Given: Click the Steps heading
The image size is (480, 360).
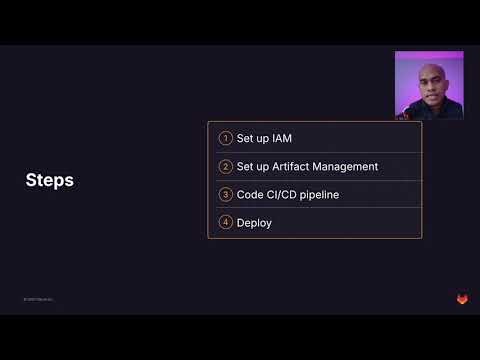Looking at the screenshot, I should click(49, 180).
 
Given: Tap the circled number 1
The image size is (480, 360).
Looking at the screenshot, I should click(226, 138).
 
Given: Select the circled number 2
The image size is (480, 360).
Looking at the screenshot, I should click(226, 166).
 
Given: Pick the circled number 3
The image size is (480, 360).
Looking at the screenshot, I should click(226, 194).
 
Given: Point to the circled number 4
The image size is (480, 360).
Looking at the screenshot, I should click(226, 222).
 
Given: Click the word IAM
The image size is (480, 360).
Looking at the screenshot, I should click(282, 138).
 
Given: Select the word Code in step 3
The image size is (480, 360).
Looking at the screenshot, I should click(250, 194).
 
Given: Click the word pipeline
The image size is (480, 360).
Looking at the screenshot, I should click(321, 194).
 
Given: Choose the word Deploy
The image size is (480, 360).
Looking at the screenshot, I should click(254, 222).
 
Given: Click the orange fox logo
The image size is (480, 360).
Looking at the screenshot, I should click(462, 298).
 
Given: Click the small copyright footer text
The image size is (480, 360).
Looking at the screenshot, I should click(40, 299).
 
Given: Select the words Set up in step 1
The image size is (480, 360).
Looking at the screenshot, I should click(252, 138).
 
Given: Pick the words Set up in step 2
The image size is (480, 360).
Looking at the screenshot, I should click(252, 166).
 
